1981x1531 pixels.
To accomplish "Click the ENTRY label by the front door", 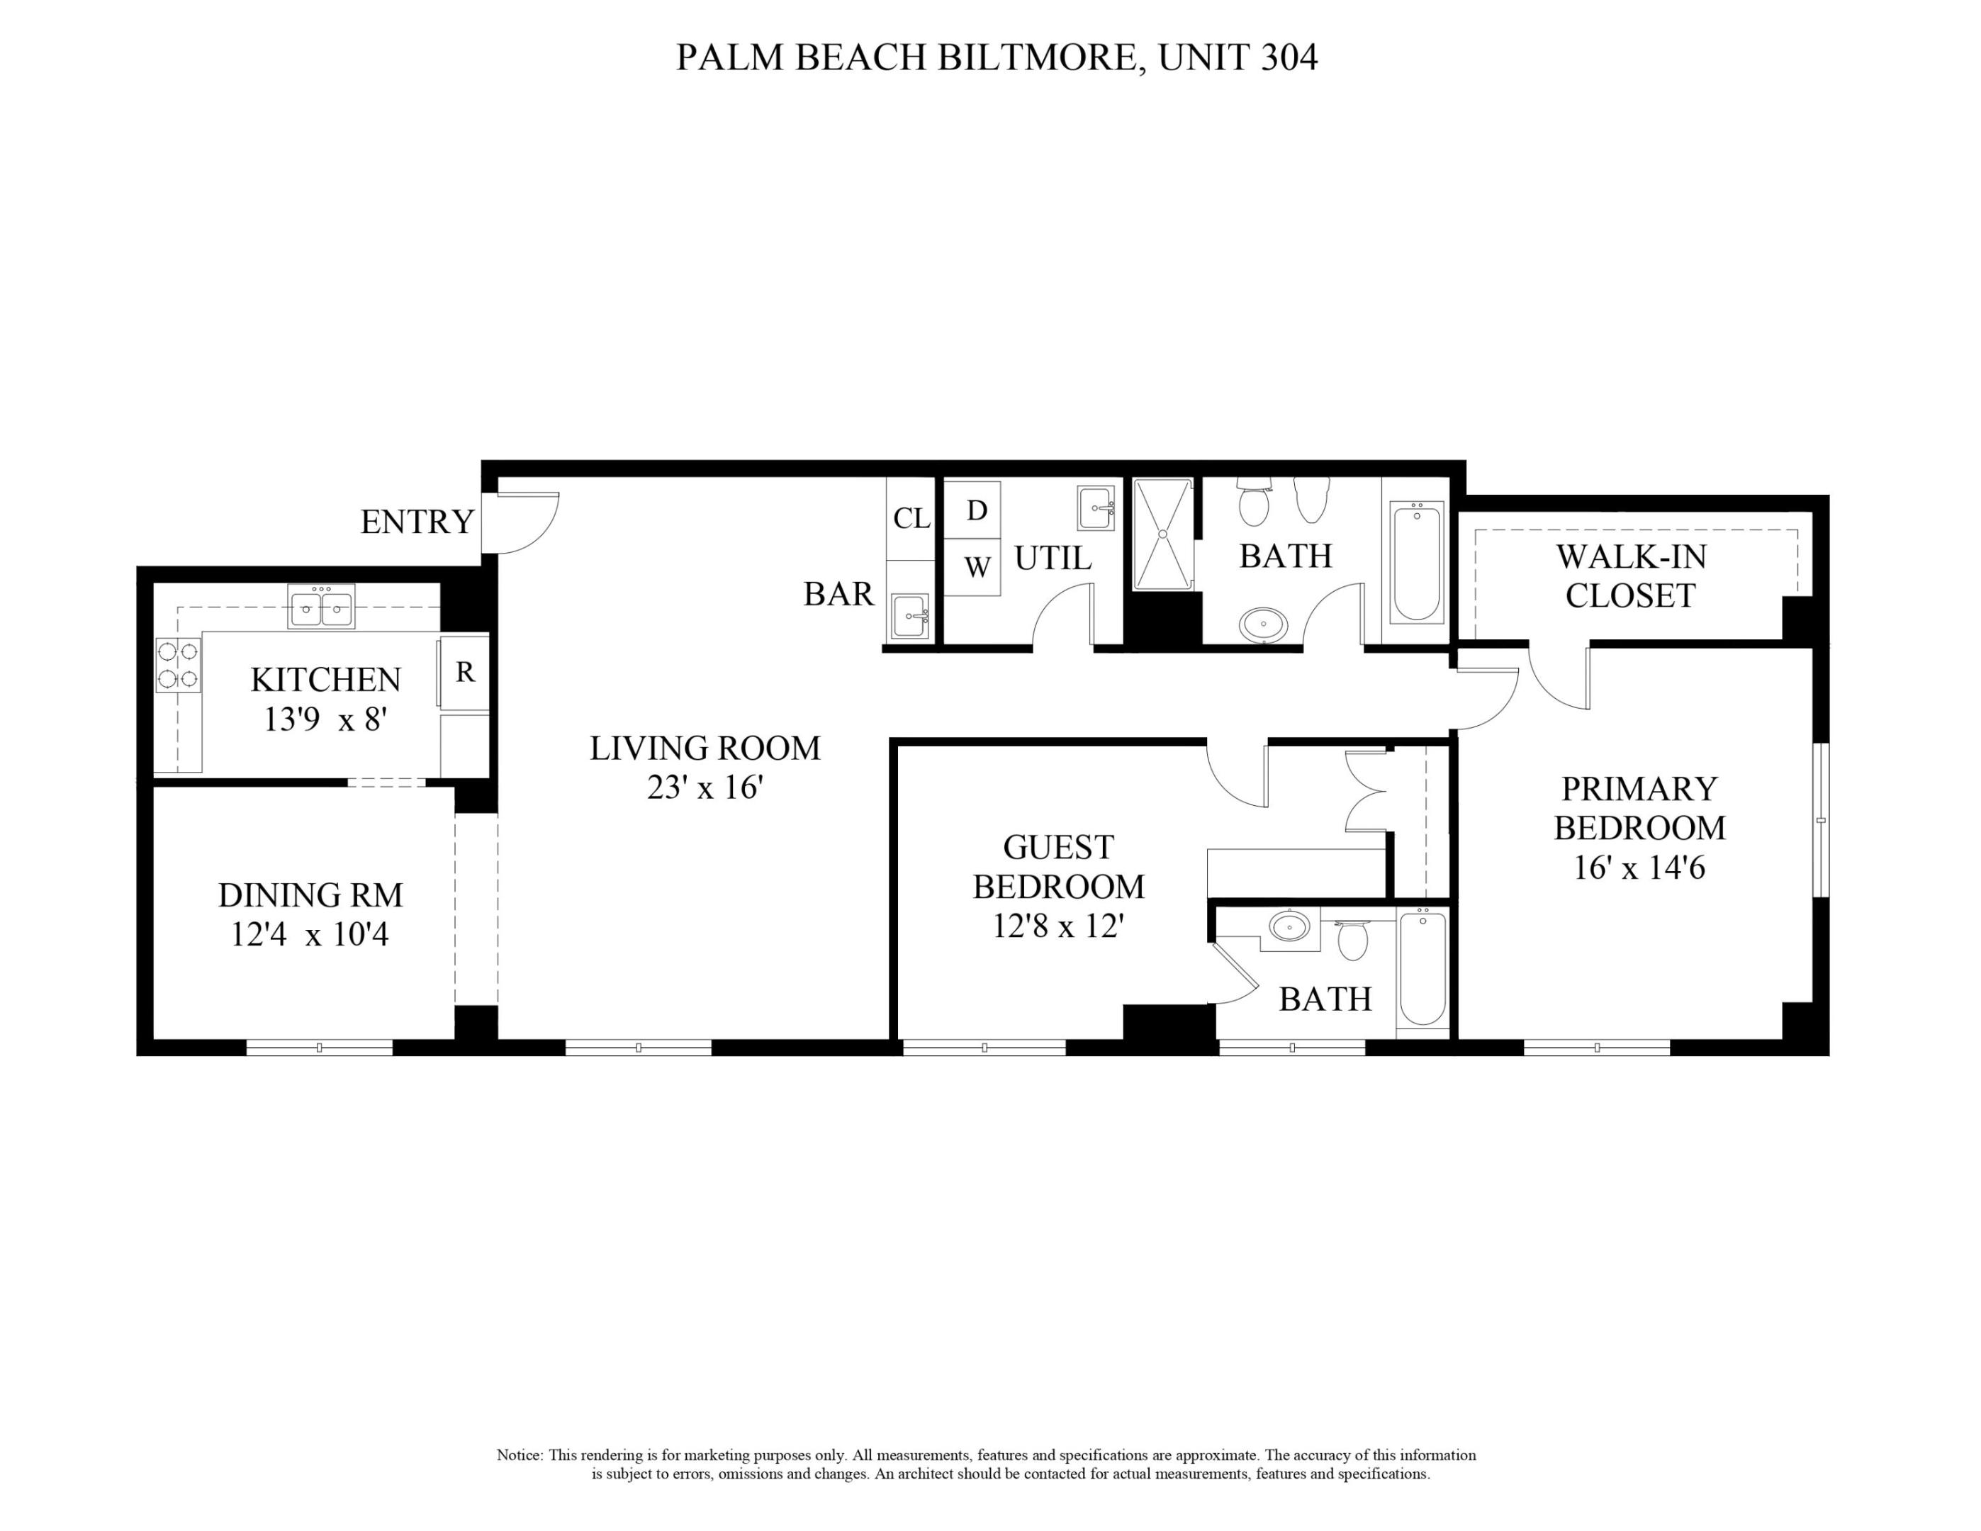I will click(417, 522).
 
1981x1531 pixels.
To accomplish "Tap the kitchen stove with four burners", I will click(178, 665).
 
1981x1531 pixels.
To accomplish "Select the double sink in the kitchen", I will click(321, 607).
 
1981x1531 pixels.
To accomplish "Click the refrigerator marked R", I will click(464, 672).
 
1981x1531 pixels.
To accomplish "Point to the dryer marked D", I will click(976, 510).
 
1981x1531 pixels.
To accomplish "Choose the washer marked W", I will click(976, 568).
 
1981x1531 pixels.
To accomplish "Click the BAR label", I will click(838, 594).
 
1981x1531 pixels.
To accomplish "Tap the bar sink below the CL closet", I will click(910, 616).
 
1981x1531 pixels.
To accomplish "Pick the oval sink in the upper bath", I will click(1264, 625).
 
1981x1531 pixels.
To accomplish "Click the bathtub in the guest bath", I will click(1422, 970).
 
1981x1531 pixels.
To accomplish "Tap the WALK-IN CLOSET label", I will click(1630, 576).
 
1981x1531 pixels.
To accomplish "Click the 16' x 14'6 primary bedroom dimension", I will click(1639, 868).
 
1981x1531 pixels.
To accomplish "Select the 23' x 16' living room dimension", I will click(704, 787).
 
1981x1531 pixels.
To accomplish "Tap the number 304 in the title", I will click(1288, 57).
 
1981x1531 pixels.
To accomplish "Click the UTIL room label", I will click(1053, 559).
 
